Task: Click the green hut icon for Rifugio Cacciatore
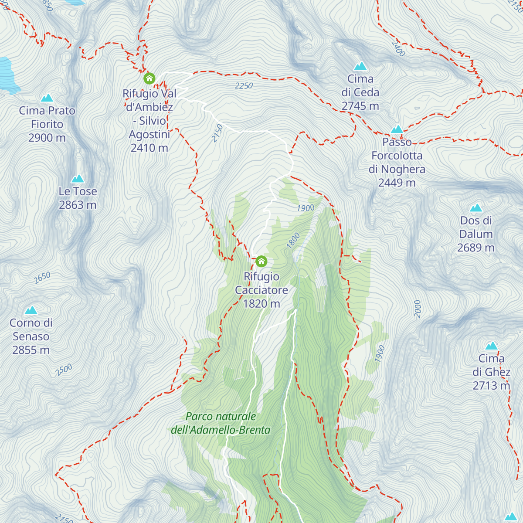coord(261,261)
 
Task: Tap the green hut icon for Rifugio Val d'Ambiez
coord(149,78)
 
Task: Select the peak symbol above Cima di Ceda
coord(360,66)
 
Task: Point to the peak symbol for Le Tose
coord(78,179)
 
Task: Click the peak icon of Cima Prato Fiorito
coord(47,98)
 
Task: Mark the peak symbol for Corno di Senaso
coord(31,310)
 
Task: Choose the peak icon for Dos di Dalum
coord(476,208)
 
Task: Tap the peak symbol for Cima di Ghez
coord(491,346)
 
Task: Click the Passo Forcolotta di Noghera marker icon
coord(397,129)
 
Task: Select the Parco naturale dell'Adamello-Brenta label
coord(221,423)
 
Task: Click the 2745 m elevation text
coord(360,106)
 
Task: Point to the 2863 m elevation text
coord(78,205)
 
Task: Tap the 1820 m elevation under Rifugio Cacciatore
coord(261,304)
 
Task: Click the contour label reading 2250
coord(244,86)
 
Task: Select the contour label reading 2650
coord(42,278)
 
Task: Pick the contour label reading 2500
coord(64,370)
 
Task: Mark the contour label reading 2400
coord(398,49)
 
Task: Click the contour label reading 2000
coord(418,309)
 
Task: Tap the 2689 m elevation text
coord(476,248)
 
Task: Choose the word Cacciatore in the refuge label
coord(261,290)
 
